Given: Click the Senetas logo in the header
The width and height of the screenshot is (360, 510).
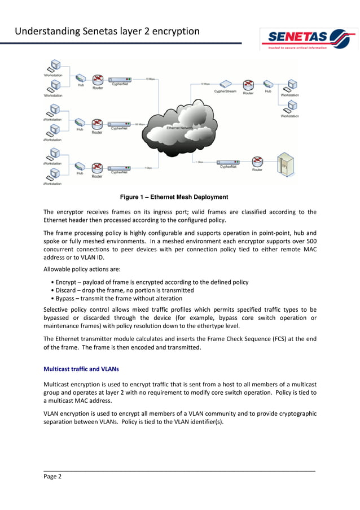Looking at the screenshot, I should (x=308, y=40).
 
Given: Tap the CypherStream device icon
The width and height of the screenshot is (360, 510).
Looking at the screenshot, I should (x=225, y=84).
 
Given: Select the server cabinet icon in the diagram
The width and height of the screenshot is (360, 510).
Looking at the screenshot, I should (x=284, y=164).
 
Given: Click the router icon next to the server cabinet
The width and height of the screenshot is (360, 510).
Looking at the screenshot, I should (x=257, y=162).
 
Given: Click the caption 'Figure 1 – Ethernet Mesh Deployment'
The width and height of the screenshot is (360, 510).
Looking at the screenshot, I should (x=174, y=197).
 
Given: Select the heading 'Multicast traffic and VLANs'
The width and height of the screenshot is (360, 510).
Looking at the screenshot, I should (x=81, y=369).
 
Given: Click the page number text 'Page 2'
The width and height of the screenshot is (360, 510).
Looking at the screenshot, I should (x=52, y=476).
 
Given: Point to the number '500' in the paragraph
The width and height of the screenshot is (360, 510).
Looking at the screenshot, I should (x=310, y=249).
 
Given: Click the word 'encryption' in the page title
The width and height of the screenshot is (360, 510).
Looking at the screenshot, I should (x=176, y=31).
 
